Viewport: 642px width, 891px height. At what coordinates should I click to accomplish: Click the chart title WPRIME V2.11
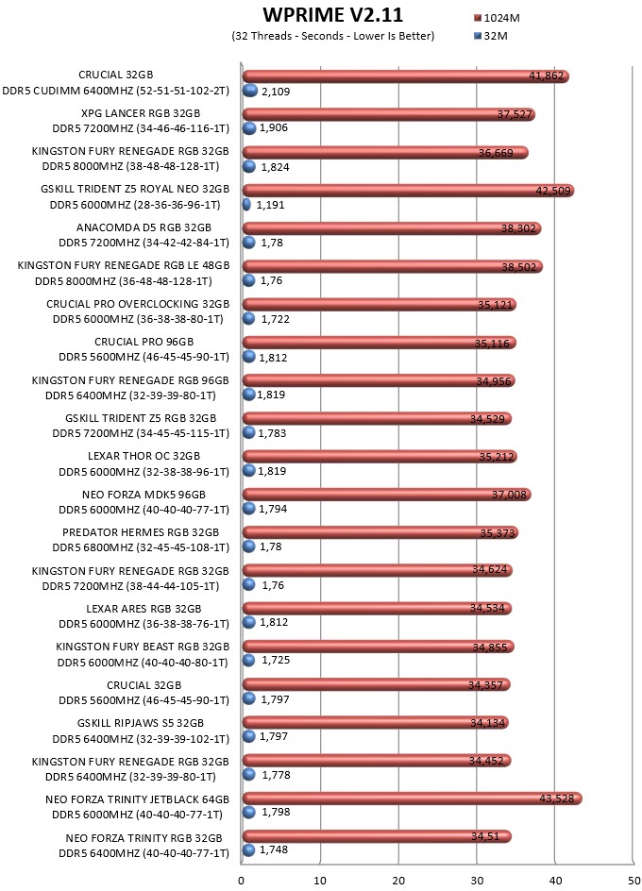(332, 15)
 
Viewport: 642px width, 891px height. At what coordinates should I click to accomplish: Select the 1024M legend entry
(497, 18)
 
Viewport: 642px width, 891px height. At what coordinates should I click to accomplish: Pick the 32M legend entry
(491, 36)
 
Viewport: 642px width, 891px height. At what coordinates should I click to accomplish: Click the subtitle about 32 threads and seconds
(332, 36)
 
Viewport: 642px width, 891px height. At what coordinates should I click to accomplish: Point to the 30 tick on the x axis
(477, 881)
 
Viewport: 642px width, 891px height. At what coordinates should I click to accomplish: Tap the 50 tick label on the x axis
(634, 881)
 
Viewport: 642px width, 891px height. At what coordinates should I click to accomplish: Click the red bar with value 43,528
(413, 799)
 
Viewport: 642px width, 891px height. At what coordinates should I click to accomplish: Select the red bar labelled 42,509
(408, 191)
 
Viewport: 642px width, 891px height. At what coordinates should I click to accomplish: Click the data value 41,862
(547, 76)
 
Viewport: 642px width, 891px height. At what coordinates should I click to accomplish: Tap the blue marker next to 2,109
(250, 91)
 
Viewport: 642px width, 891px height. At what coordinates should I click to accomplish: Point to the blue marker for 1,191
(246, 205)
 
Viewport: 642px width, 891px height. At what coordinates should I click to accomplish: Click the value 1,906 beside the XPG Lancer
(274, 127)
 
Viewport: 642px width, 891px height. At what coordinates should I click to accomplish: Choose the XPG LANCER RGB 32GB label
(141, 113)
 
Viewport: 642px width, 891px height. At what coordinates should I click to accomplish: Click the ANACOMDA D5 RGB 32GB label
(144, 227)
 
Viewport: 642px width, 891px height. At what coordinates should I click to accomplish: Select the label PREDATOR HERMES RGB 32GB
(141, 532)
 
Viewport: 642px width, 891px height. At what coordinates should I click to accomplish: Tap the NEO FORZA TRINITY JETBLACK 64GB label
(137, 799)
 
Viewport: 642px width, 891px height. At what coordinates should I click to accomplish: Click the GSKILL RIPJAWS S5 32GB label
(141, 723)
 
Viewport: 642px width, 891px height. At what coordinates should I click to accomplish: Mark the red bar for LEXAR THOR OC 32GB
(380, 456)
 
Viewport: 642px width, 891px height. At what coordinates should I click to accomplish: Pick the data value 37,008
(509, 495)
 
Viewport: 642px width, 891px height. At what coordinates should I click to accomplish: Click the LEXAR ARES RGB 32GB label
(144, 609)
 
